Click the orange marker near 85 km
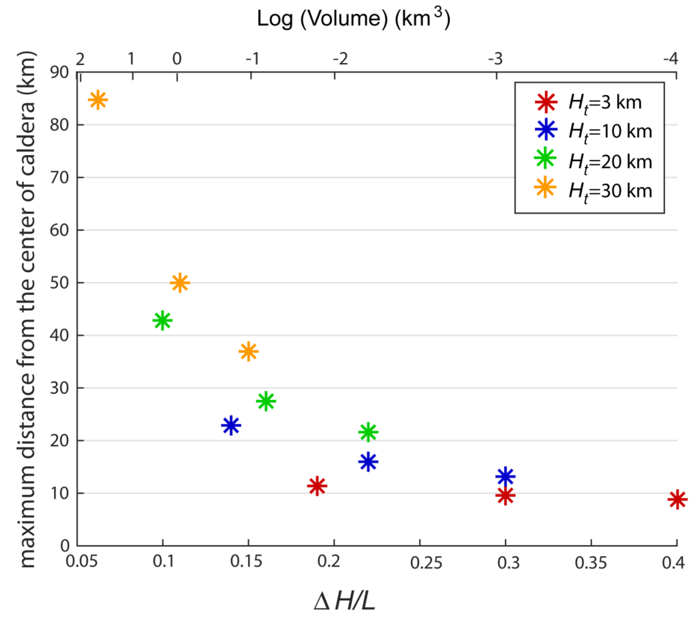(98, 100)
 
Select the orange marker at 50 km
(180, 283)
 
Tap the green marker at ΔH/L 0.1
(162, 321)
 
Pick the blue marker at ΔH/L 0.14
(231, 425)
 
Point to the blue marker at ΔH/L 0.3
(505, 476)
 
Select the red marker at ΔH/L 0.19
(317, 486)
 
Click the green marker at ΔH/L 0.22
(368, 432)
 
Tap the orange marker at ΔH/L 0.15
(248, 351)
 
